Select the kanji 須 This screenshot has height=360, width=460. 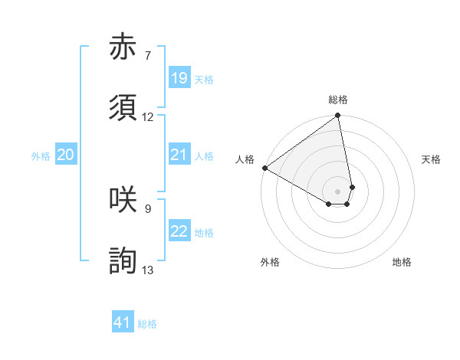123,109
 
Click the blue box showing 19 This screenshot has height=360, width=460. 179,78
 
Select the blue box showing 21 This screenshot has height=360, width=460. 179,155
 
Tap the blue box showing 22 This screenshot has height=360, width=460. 179,232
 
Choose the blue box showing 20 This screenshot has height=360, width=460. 65,155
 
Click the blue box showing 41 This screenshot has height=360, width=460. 123,322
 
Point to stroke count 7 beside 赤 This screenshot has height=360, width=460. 147,55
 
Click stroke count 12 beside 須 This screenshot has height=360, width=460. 148,117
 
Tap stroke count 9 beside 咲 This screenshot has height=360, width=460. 147,208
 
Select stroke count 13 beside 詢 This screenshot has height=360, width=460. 148,270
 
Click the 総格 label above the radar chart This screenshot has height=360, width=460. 338,100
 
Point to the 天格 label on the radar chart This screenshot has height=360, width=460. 431,159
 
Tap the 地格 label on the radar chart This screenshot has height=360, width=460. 402,262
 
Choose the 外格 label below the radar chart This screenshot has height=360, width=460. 270,262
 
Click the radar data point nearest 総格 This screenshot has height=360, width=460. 337,116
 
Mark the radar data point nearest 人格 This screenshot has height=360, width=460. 264,168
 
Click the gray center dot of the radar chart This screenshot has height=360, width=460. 337,191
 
